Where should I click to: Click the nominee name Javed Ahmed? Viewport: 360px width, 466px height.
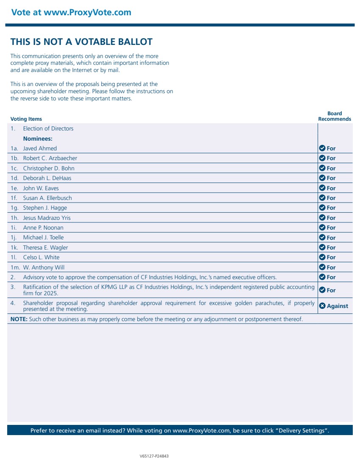coord(40,149)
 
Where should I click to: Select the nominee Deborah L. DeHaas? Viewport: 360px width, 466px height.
coord(47,178)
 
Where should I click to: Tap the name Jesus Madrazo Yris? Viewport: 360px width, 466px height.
coord(47,218)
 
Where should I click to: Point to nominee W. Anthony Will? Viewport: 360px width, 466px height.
coord(44,267)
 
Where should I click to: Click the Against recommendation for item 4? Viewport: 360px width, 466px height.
coord(337,306)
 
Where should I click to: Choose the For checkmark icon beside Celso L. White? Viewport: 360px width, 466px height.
coord(322,257)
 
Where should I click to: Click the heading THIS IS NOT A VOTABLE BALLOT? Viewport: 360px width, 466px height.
coord(81,42)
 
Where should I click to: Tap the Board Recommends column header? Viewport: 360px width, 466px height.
coord(335,116)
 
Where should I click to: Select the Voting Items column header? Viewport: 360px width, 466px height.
coord(26,119)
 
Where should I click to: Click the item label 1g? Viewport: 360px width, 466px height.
coord(14,208)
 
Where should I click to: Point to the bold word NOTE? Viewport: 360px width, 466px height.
coord(19,319)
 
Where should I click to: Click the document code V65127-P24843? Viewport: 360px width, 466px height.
coord(154,456)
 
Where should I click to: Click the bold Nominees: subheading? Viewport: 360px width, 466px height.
coord(38,139)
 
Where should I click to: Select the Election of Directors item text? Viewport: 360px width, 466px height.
coord(48,129)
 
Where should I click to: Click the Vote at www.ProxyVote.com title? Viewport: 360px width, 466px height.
coord(71,12)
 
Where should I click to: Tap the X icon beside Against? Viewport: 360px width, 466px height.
coord(322,306)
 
